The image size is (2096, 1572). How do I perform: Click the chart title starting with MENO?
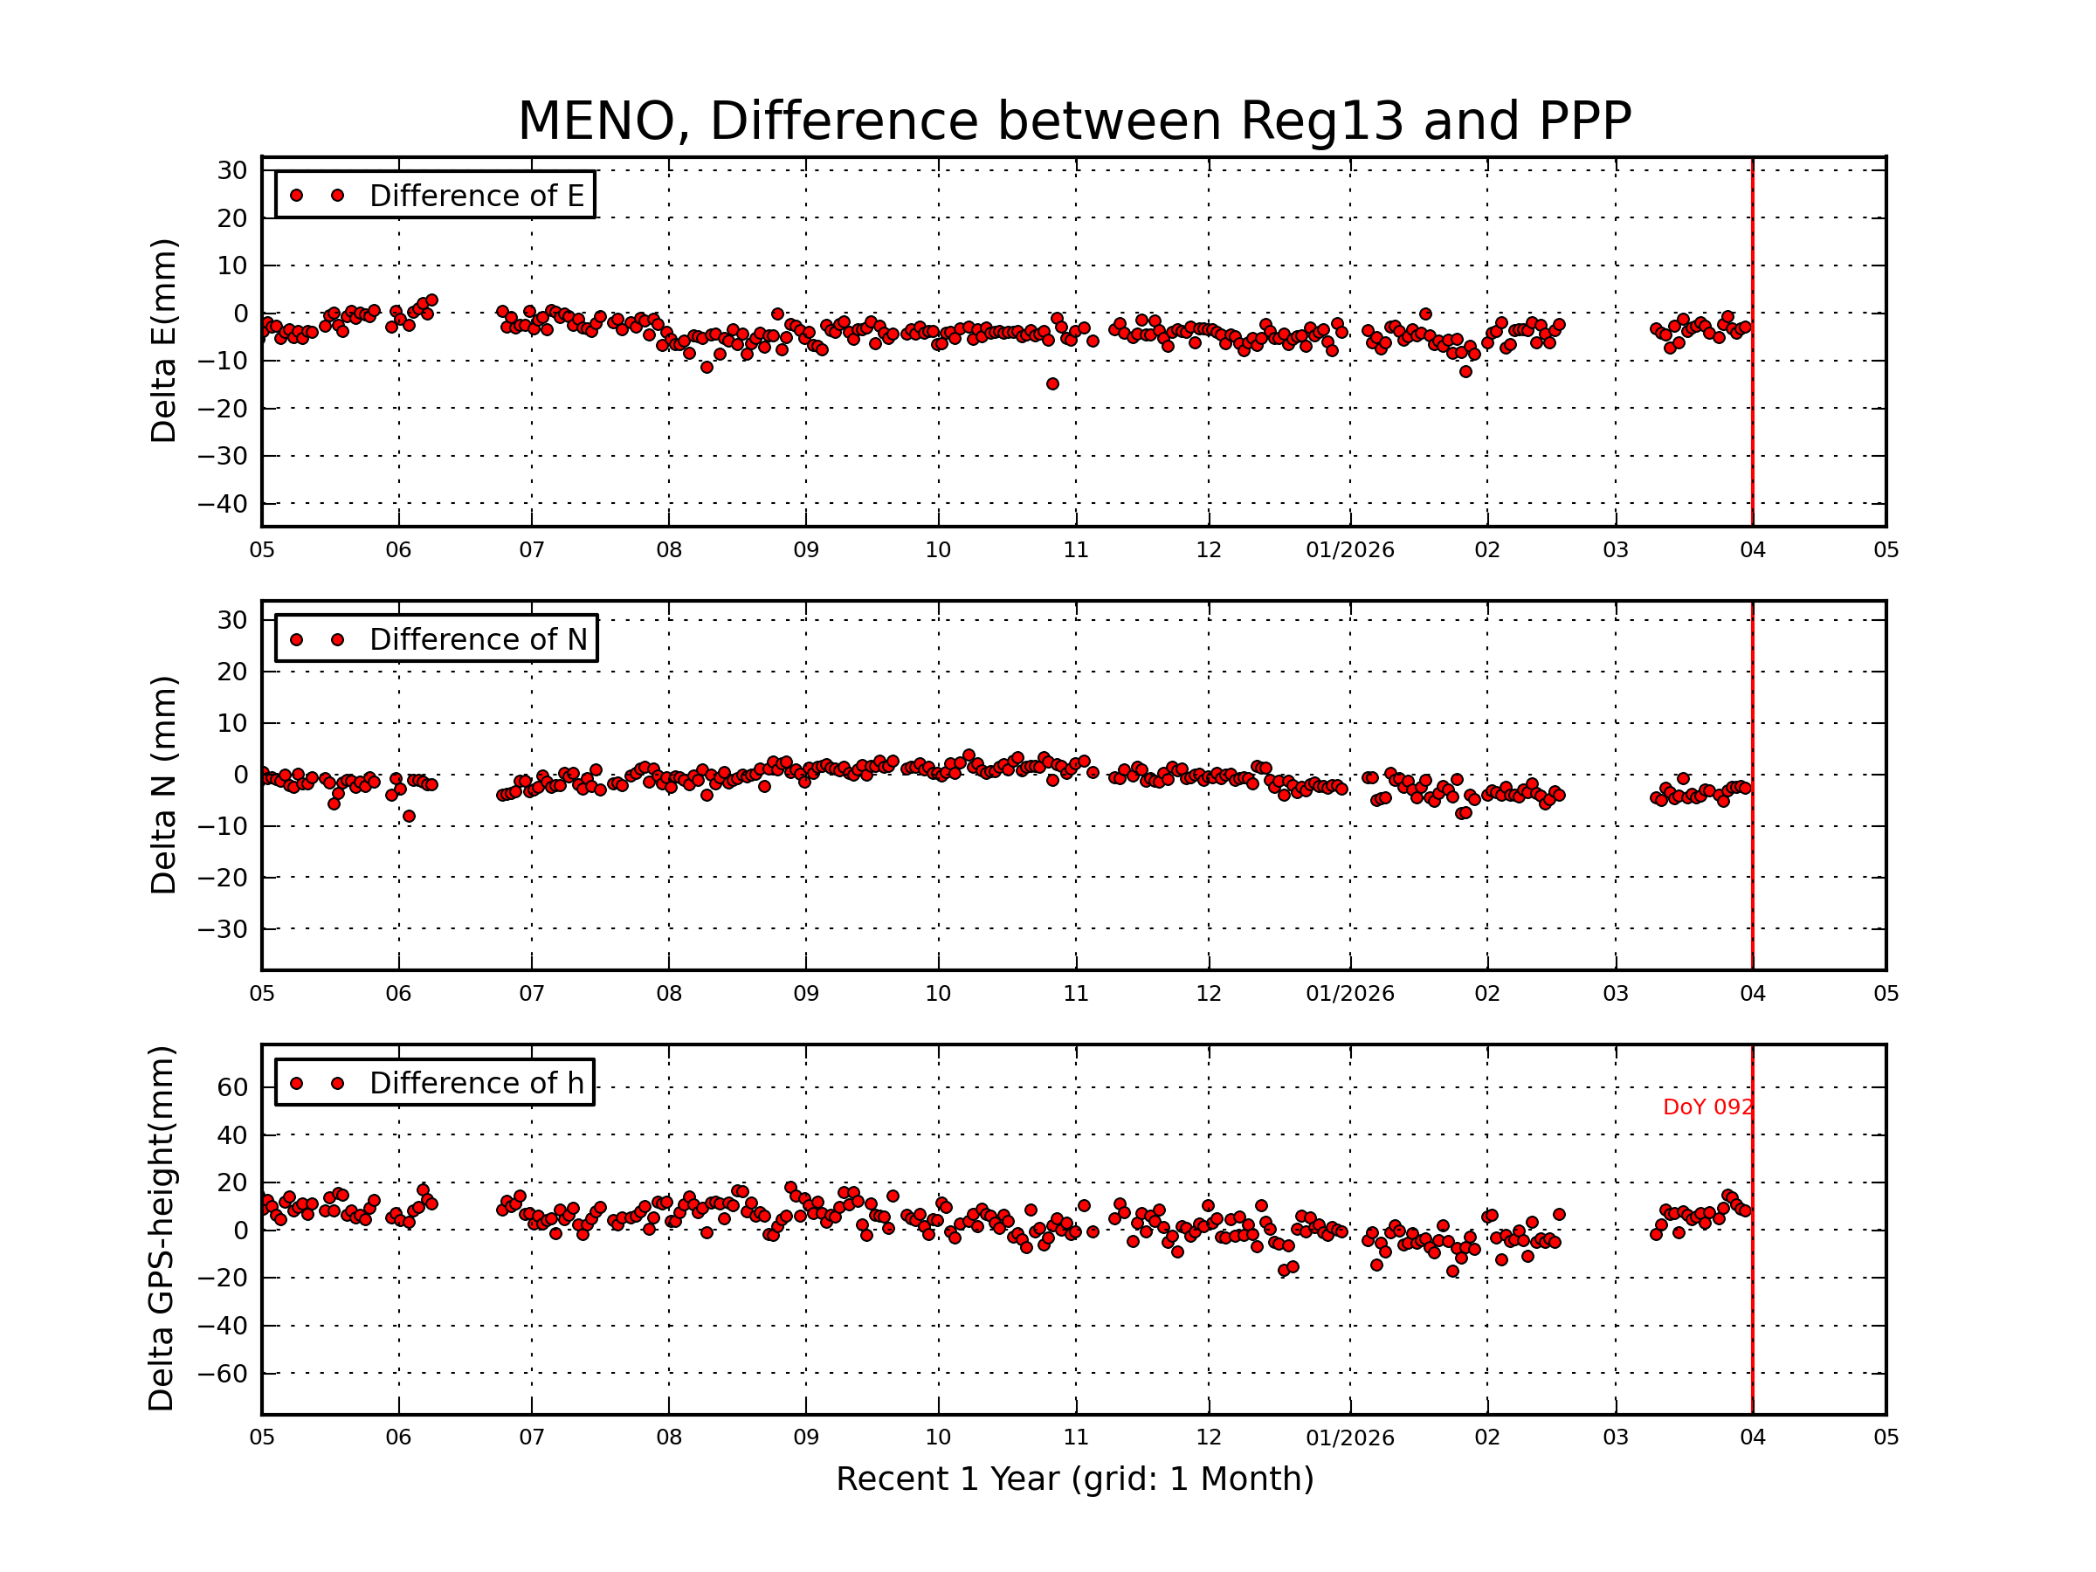pos(1073,121)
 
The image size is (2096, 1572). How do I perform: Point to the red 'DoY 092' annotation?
pos(1706,1107)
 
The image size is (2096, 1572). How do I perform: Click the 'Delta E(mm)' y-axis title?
pos(163,341)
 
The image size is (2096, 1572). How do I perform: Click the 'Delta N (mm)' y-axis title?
pos(163,784)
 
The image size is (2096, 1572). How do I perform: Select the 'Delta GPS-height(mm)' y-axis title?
pos(161,1229)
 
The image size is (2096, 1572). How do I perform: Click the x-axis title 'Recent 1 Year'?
pos(1073,1479)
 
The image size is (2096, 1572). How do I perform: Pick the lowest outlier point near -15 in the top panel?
pos(1052,383)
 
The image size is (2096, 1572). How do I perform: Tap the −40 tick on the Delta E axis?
pos(222,503)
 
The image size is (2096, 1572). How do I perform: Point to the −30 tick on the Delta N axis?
pos(222,929)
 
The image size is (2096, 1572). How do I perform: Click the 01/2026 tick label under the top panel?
pos(1349,550)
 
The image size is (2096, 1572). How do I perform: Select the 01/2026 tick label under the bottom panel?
pos(1349,1438)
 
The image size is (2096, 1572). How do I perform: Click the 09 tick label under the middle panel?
pos(805,994)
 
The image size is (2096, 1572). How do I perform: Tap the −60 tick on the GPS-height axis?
pos(222,1373)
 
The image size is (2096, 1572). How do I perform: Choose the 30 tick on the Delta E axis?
pos(232,170)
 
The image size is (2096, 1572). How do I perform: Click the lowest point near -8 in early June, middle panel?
pos(409,816)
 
